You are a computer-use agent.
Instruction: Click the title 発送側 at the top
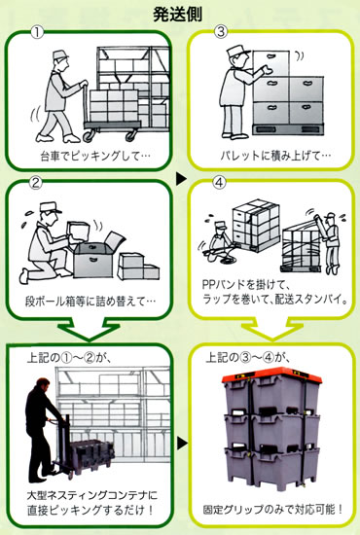coord(177,14)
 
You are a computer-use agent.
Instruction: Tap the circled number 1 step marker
coord(37,33)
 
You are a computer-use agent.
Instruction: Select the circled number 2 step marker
coord(36,183)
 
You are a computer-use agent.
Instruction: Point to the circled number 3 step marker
coord(220,32)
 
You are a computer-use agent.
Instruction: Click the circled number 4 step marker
coord(220,183)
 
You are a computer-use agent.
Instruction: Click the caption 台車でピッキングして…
coord(95,157)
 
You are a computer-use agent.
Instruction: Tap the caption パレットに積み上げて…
coord(275,156)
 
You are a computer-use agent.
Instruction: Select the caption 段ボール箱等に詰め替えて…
coord(90,302)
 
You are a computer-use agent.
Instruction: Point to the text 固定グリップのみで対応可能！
coord(273,510)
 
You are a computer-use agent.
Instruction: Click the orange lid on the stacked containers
coord(271,375)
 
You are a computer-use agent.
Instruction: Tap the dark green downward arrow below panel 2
coord(89,329)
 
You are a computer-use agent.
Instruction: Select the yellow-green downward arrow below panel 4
coord(272,329)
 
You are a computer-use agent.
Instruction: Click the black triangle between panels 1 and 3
coord(181,179)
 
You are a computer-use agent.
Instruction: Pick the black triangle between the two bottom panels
coord(182,444)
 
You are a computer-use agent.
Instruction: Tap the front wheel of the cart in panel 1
coord(88,135)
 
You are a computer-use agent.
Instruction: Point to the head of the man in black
coord(42,385)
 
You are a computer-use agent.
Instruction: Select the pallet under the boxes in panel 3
coord(288,129)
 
